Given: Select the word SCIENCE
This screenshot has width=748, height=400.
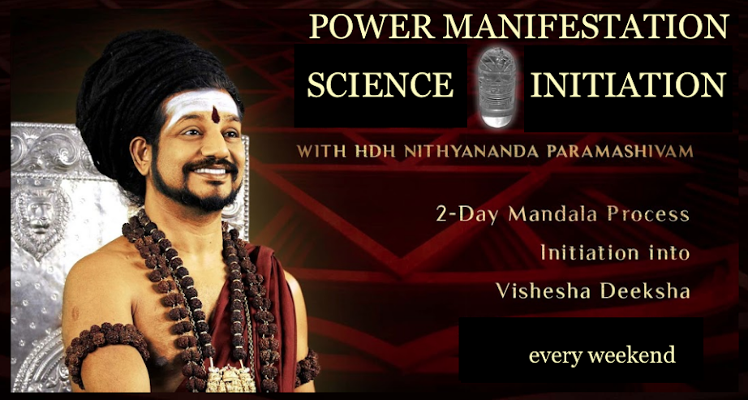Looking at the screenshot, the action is coord(380,84).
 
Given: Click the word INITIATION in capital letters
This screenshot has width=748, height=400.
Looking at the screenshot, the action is coord(628,84).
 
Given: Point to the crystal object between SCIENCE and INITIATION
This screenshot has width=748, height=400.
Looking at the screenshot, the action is coord(497,87).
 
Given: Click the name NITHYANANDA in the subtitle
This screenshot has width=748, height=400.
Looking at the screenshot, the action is coord(471,151).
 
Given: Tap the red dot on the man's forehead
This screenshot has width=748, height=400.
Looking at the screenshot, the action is coord(216,114).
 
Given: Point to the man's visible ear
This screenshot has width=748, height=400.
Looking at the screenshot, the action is coord(140,155).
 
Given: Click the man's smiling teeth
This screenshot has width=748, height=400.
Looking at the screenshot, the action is coord(211,170).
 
